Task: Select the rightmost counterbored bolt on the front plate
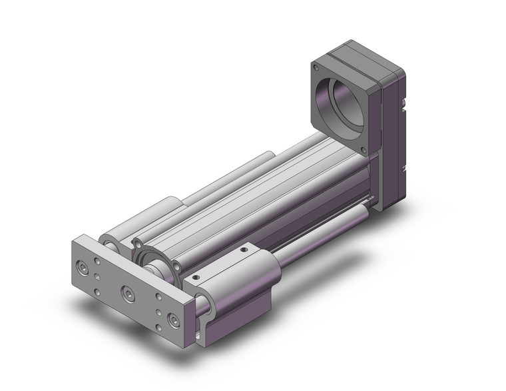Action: click(174, 321)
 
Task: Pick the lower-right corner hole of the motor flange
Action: click(364, 151)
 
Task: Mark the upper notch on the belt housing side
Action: click(405, 103)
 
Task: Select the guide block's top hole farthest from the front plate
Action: click(245, 251)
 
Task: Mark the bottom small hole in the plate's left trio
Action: click(97, 292)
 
